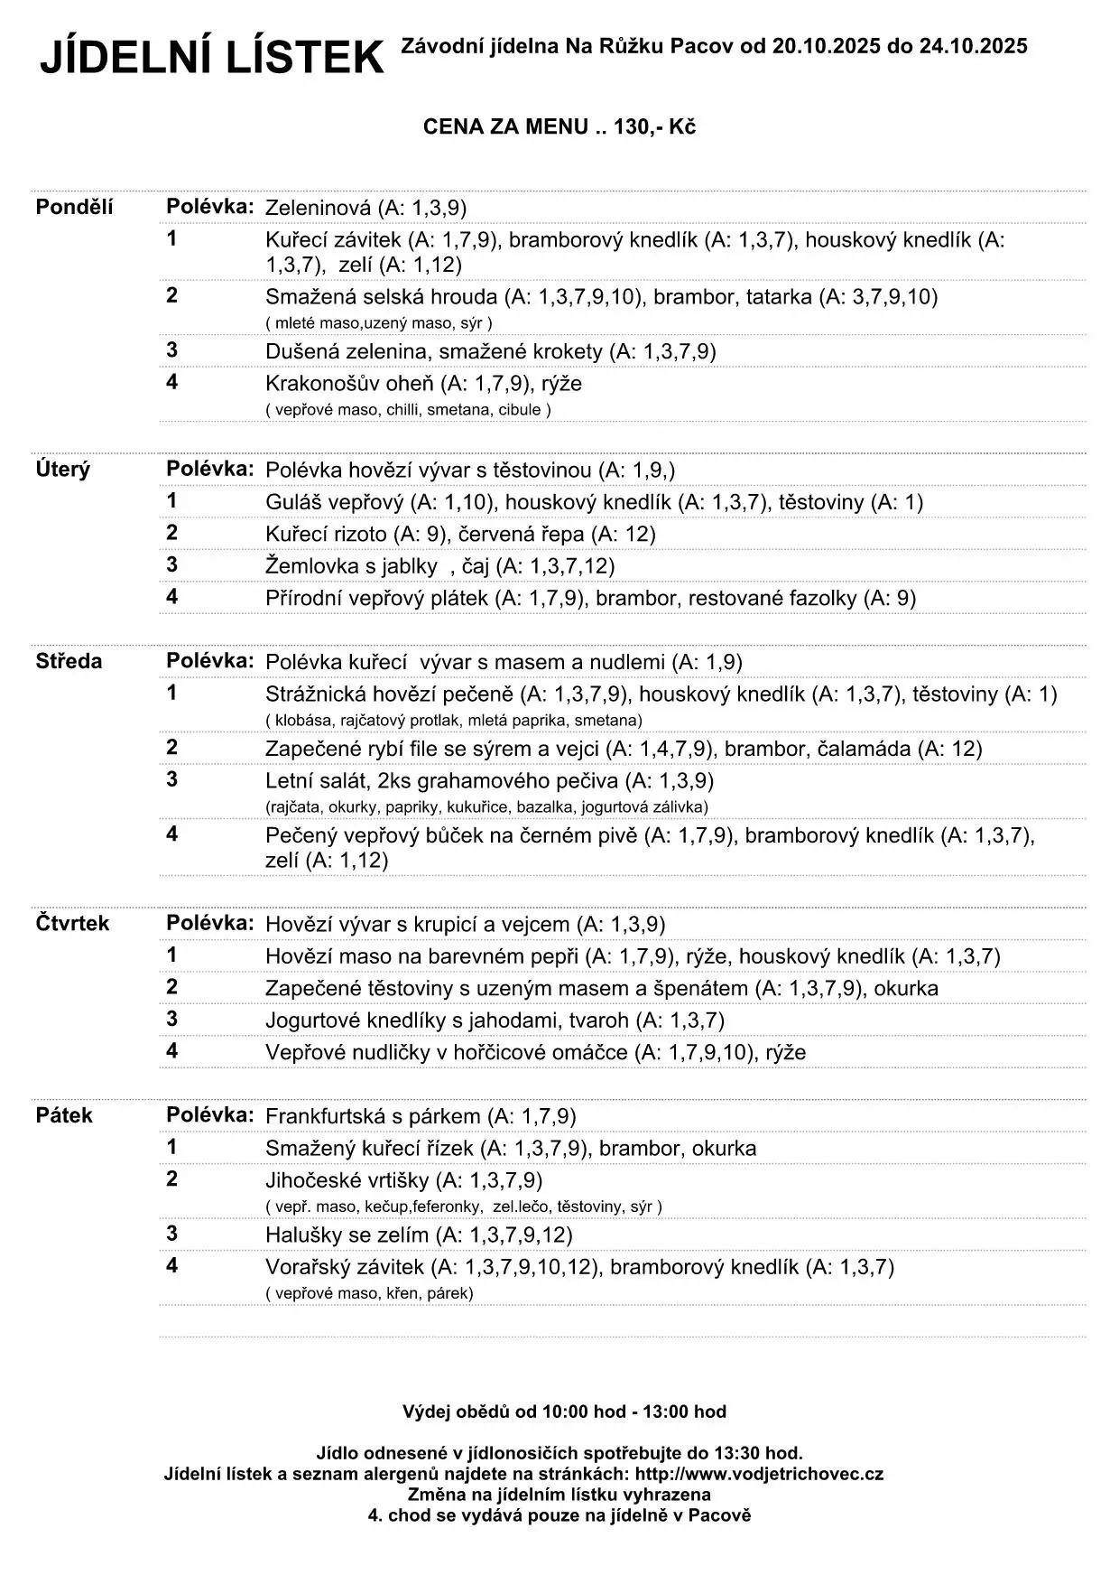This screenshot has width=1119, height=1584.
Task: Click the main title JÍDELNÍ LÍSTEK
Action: (212, 58)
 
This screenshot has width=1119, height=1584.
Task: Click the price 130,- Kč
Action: (654, 127)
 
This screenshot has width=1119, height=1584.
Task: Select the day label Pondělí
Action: (74, 207)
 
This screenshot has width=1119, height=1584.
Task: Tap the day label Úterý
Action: (62, 470)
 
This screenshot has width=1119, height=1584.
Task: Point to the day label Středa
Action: (69, 661)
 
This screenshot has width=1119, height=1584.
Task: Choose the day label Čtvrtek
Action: (72, 923)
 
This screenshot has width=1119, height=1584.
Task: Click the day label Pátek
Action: (64, 1115)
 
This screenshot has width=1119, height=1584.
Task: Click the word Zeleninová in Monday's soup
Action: (318, 208)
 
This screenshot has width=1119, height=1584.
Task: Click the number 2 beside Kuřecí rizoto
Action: (171, 532)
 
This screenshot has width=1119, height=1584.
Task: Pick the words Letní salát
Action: (315, 780)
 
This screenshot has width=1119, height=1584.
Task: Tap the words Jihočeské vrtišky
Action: (347, 1180)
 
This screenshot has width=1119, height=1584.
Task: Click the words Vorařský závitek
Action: (345, 1267)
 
